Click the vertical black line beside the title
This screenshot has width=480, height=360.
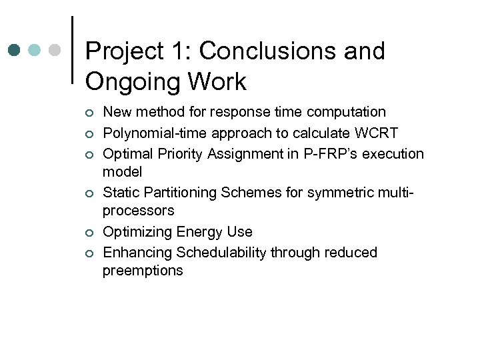tap(71, 50)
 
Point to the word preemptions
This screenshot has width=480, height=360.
tap(143, 271)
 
